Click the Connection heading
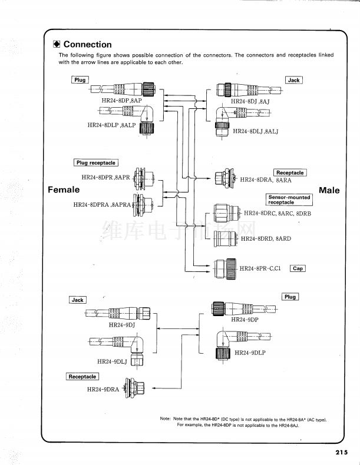pyautogui.click(x=87, y=45)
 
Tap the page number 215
pyautogui.click(x=342, y=452)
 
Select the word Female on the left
pyautogui.click(x=64, y=190)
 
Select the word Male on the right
pyautogui.click(x=329, y=190)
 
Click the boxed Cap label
pyautogui.click(x=298, y=268)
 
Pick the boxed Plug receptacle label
pyautogui.click(x=96, y=162)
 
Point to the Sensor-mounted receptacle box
pyautogui.click(x=289, y=200)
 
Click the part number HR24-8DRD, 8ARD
pyautogui.click(x=266, y=239)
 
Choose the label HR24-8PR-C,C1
pyautogui.click(x=260, y=269)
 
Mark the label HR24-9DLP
pyautogui.click(x=250, y=353)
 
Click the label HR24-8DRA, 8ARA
pyautogui.click(x=265, y=180)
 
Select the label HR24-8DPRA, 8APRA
pyautogui.click(x=103, y=205)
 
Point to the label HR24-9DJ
pyautogui.click(x=122, y=324)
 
